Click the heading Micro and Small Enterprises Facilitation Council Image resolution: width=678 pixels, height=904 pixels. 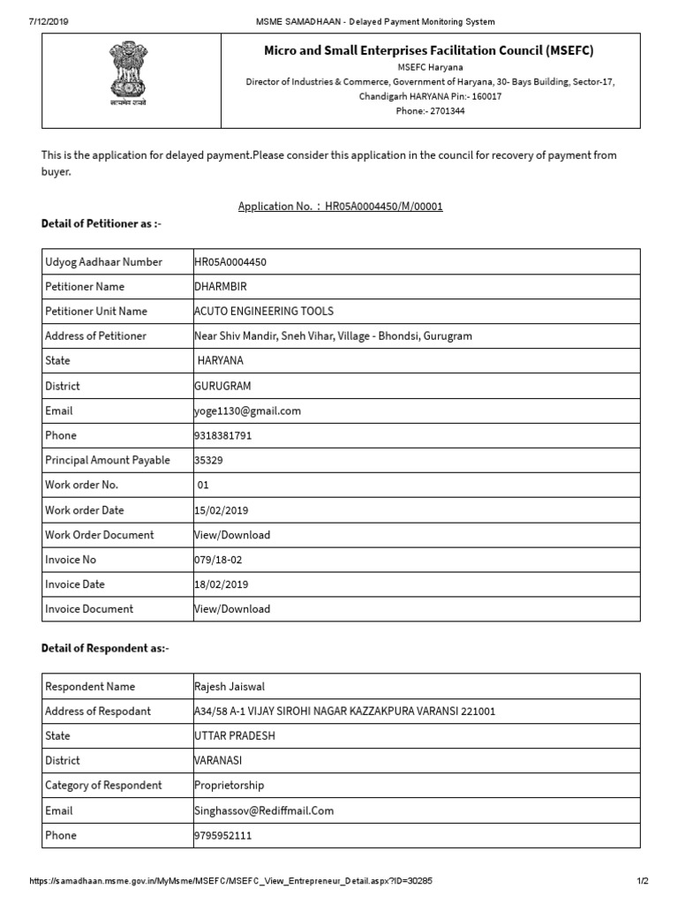pyautogui.click(x=429, y=51)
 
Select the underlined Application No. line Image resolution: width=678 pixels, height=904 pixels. pyautogui.click(x=340, y=207)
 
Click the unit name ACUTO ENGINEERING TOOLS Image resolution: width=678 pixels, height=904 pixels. pyautogui.click(x=263, y=312)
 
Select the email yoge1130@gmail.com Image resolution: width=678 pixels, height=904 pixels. pyautogui.click(x=247, y=411)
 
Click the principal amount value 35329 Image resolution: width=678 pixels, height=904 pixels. pyautogui.click(x=208, y=461)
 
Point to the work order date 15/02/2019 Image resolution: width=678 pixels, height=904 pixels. pyautogui.click(x=221, y=510)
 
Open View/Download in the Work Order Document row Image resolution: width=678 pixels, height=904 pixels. pyautogui.click(x=232, y=535)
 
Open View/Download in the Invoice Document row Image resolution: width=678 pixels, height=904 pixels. pyautogui.click(x=232, y=609)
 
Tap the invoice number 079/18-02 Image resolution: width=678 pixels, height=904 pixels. pyautogui.click(x=218, y=560)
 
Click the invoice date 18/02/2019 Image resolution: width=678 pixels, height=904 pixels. pyautogui.click(x=221, y=584)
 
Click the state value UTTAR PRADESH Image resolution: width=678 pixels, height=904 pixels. pyautogui.click(x=234, y=736)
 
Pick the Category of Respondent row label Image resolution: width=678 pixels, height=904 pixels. pyautogui.click(x=103, y=786)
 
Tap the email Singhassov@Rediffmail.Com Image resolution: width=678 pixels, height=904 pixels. pyautogui.click(x=263, y=810)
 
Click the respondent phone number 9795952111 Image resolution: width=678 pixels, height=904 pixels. pyautogui.click(x=222, y=835)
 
